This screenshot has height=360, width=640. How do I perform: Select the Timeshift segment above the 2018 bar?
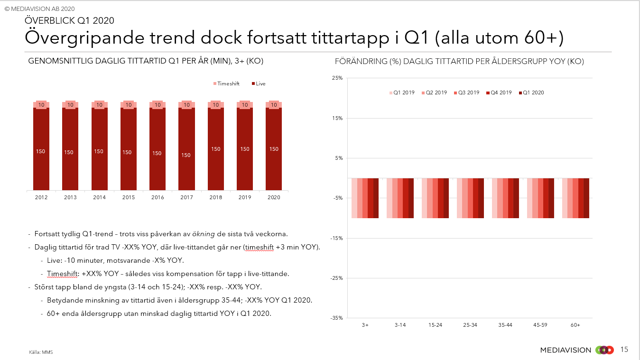(x=215, y=105)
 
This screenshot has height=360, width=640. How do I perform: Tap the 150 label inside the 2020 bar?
(x=274, y=149)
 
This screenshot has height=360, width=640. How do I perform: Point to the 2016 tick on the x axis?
(x=158, y=197)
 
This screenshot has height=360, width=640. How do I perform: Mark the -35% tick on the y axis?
(x=336, y=318)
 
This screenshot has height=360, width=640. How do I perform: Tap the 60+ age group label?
(x=575, y=325)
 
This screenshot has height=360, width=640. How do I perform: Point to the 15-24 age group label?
(x=435, y=325)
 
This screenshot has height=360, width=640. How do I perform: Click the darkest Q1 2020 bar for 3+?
(x=376, y=198)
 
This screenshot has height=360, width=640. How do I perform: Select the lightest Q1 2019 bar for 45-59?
(x=529, y=198)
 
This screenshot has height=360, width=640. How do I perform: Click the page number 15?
(x=624, y=350)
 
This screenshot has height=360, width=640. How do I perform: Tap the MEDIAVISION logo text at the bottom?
(x=566, y=350)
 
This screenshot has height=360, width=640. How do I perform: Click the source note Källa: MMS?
(x=41, y=352)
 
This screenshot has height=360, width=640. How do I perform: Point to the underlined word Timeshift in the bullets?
(x=61, y=274)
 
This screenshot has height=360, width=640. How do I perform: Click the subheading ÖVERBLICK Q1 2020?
(x=69, y=20)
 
